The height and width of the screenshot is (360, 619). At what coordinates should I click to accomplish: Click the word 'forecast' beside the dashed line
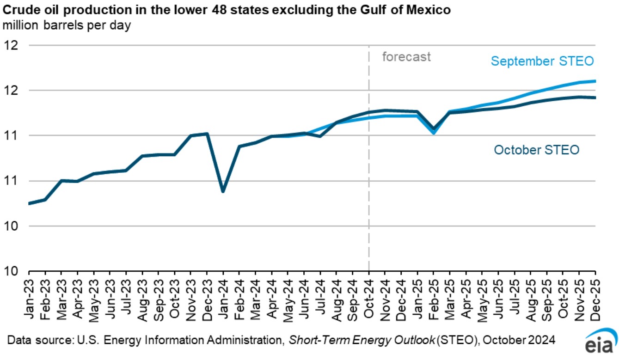click(x=406, y=57)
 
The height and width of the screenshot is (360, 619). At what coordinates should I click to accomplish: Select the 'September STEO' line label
click(x=542, y=61)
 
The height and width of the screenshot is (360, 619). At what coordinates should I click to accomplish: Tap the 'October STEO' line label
click(x=536, y=150)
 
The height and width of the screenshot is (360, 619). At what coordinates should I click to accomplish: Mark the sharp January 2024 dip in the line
click(x=223, y=191)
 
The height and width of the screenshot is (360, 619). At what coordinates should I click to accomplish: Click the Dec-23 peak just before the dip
click(x=207, y=134)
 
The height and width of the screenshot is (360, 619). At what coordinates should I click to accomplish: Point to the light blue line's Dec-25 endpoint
click(x=594, y=81)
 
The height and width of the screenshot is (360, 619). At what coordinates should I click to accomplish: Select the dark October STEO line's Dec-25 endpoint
click(x=594, y=98)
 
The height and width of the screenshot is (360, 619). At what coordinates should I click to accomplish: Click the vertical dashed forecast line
click(x=369, y=185)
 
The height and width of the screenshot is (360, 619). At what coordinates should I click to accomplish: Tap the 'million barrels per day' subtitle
click(x=67, y=25)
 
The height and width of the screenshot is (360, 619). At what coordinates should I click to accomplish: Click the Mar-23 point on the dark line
click(x=61, y=181)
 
